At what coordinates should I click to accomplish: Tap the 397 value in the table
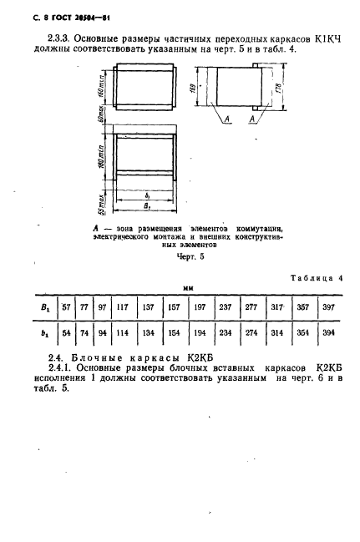click(x=328, y=308)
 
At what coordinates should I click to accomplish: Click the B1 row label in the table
click(x=41, y=308)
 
